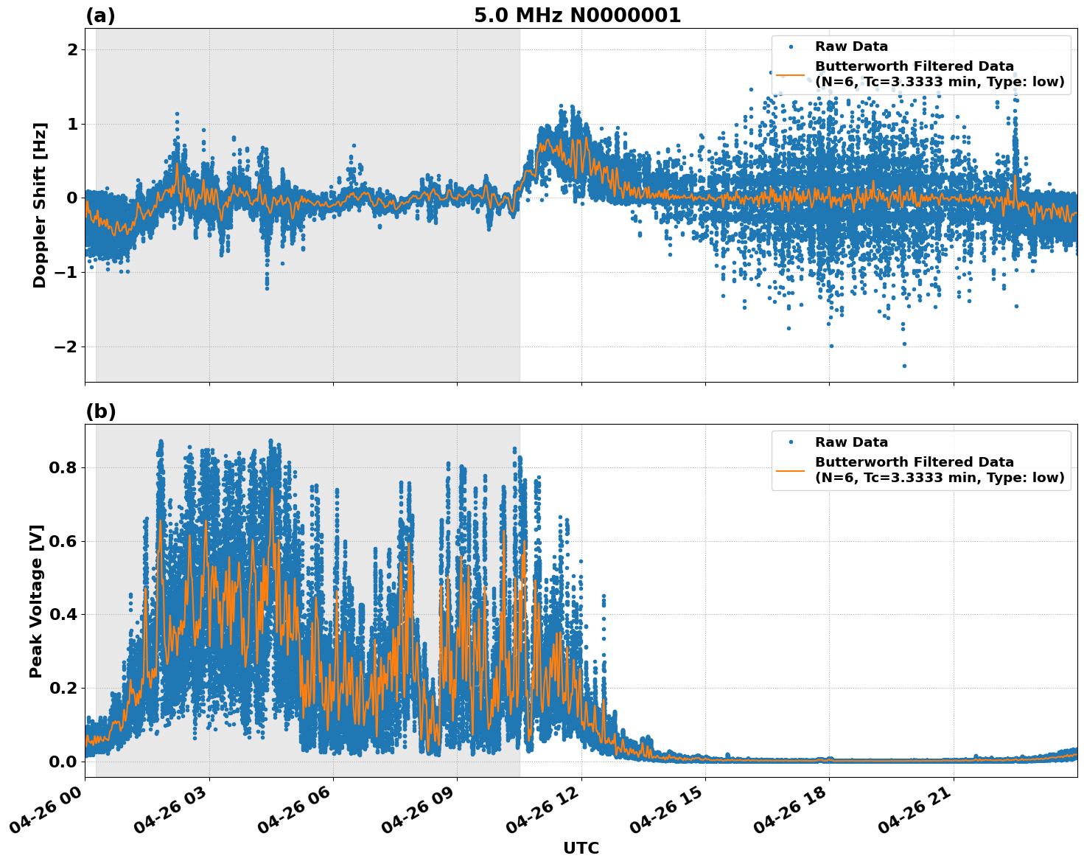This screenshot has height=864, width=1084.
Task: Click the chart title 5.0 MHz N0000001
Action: (x=577, y=15)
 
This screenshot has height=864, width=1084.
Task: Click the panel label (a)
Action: (x=100, y=15)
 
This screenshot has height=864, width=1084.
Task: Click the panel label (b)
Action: (x=100, y=411)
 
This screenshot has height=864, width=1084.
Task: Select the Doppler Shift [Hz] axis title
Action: (x=40, y=205)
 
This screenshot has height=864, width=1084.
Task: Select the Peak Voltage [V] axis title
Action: (x=36, y=601)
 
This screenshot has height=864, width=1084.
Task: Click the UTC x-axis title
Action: (x=581, y=848)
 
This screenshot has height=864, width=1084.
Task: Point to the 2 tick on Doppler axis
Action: (x=72, y=50)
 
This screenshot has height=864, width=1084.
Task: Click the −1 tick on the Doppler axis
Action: (x=67, y=272)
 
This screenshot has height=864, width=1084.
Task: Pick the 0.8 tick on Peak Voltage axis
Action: (x=63, y=467)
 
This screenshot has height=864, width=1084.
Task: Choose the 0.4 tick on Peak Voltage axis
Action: (x=63, y=614)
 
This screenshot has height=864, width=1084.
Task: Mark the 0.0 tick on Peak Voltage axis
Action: (x=63, y=762)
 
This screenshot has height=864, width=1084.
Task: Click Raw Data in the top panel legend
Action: (x=851, y=46)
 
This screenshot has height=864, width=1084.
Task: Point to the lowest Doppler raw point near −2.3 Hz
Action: (x=904, y=366)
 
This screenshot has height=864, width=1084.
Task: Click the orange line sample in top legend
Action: (x=791, y=74)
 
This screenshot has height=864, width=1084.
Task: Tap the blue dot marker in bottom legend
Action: (x=791, y=442)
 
